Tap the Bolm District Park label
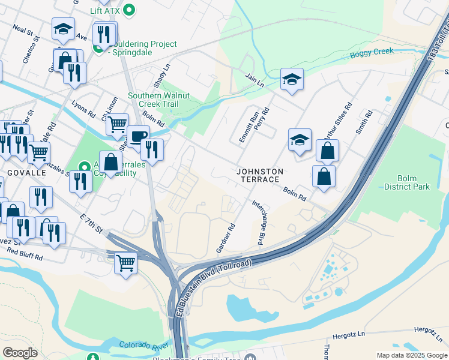414,182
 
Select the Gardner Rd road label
225,238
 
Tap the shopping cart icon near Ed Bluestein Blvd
125,262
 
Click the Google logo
20,353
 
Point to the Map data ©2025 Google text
411,355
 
